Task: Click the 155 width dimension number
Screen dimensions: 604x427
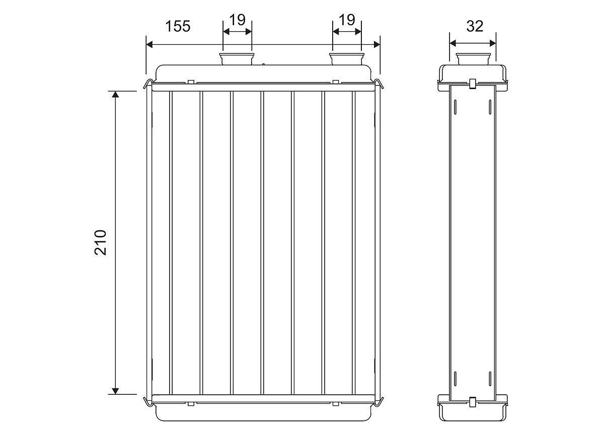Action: [x=178, y=26]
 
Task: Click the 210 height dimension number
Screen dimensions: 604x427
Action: [x=100, y=242]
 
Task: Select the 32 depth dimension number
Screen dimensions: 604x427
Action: [x=475, y=26]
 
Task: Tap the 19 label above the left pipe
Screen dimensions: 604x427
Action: [x=237, y=20]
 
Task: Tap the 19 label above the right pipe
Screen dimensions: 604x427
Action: [x=347, y=20]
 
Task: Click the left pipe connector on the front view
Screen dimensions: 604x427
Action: [x=237, y=59]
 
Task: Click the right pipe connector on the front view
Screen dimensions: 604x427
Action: [x=347, y=59]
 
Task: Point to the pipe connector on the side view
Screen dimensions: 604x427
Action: [x=473, y=59]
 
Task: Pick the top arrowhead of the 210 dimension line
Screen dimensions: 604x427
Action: [x=115, y=94]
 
